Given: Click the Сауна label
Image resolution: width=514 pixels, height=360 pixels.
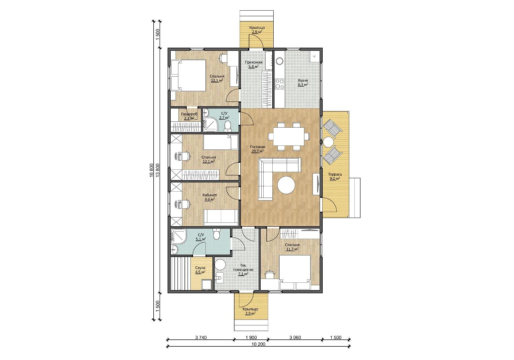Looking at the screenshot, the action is [x=200, y=268].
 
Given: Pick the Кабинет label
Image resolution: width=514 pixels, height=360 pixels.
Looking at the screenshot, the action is [x=210, y=195].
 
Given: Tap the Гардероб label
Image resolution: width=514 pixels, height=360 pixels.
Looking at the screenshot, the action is [x=189, y=114].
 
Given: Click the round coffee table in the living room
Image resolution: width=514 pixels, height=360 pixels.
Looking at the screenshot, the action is [x=286, y=185].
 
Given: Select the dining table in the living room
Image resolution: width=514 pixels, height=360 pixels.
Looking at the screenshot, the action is [x=289, y=136].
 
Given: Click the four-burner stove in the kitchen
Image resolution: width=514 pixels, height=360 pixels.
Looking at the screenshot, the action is [x=279, y=84].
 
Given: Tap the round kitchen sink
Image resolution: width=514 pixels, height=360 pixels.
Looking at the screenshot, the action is [x=279, y=61].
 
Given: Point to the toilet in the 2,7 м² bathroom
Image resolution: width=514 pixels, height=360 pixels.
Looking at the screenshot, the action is [x=228, y=126].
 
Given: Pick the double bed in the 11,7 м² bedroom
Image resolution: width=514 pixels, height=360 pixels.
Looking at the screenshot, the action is [x=295, y=272].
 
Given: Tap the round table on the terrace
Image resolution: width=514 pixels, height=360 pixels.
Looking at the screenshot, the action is [x=328, y=142].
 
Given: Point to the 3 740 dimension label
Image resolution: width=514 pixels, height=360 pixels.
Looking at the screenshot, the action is [x=201, y=338].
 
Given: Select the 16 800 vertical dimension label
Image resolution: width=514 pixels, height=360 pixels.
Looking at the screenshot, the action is [x=151, y=170].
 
